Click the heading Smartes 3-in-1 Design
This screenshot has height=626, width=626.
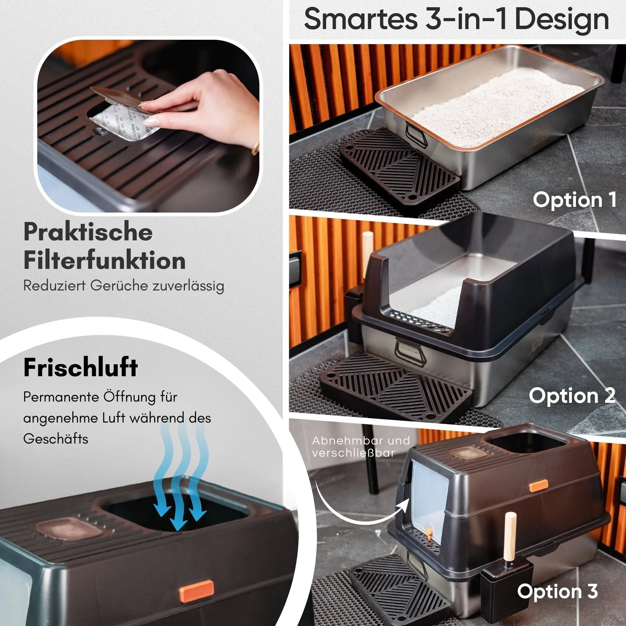pos(457,20)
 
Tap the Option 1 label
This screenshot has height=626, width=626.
pos(574,200)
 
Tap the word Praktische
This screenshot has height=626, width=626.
pos(88,232)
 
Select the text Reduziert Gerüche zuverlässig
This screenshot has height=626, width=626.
pos(124,286)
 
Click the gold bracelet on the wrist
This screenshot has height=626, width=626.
pos(255,148)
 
